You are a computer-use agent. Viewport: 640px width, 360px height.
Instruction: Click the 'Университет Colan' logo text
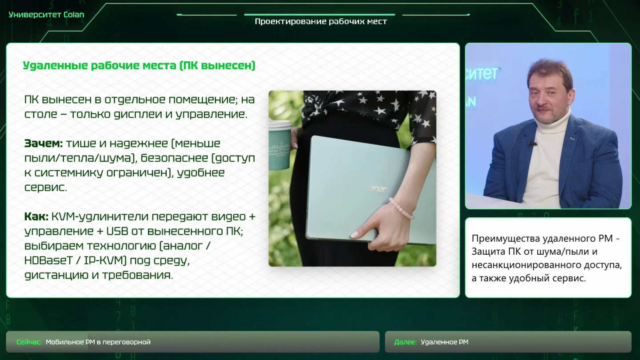[46, 15]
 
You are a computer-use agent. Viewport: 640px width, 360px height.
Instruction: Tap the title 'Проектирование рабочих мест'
[320, 21]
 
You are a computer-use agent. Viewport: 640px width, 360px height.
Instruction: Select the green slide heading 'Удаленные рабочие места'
[100, 66]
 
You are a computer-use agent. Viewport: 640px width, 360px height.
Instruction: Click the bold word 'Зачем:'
[44, 143]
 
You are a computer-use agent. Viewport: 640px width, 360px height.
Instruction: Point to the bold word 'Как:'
[36, 216]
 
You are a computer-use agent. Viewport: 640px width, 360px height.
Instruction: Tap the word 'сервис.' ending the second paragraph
[46, 188]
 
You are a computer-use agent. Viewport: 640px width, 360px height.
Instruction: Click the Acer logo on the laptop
[377, 189]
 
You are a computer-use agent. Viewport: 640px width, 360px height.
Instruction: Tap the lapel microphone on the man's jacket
[532, 143]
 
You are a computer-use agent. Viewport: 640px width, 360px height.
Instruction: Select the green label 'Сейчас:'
[29, 342]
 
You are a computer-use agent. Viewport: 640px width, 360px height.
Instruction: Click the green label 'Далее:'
[405, 342]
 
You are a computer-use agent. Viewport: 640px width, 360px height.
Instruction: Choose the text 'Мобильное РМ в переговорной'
[98, 342]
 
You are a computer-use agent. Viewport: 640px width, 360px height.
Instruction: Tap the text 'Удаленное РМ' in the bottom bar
[444, 342]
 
